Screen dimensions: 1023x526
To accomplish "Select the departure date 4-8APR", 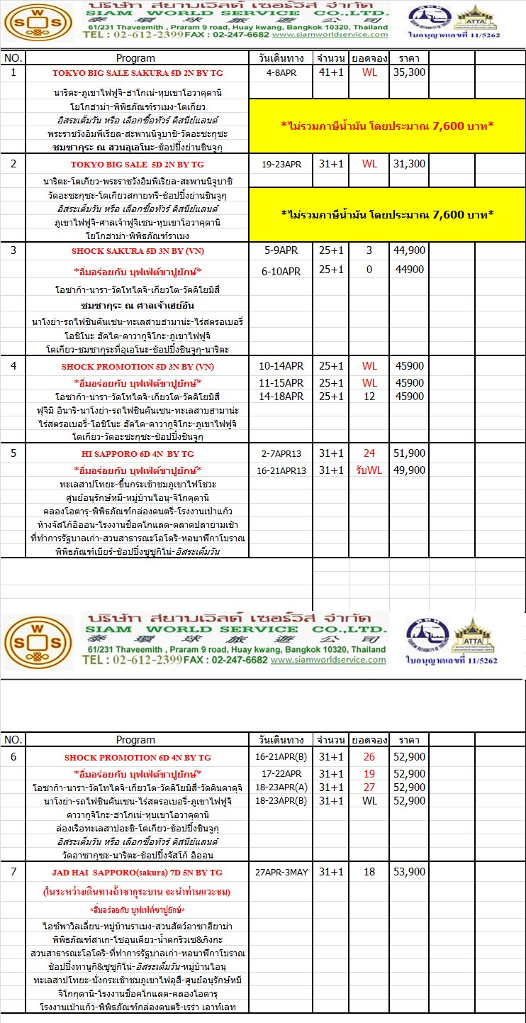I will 281,72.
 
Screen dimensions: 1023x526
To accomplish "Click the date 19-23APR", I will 281,164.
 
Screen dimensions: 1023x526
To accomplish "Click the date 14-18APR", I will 281,396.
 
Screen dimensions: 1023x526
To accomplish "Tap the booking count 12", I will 369,396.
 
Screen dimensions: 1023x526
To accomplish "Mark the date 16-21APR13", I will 281,470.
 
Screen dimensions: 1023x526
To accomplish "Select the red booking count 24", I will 369,453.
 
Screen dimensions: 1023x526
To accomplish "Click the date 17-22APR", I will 281,773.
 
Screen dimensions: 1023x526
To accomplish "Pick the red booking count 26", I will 369,758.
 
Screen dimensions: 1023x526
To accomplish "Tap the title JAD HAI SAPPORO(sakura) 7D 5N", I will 138,872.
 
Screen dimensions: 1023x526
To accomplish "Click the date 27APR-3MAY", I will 281,872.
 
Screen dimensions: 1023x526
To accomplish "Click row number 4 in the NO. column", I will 13,367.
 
